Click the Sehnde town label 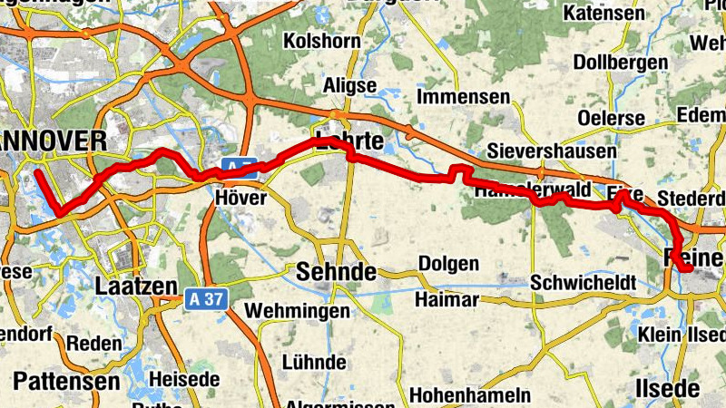pyautogui.click(x=336, y=270)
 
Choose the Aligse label pyautogui.click(x=349, y=84)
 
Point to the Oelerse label pyautogui.click(x=611, y=118)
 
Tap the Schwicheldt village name pyautogui.click(x=584, y=281)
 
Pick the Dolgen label pyautogui.click(x=448, y=264)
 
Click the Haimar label pyautogui.click(x=446, y=299)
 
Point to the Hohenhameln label pyautogui.click(x=470, y=395)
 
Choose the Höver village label pyautogui.click(x=240, y=197)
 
